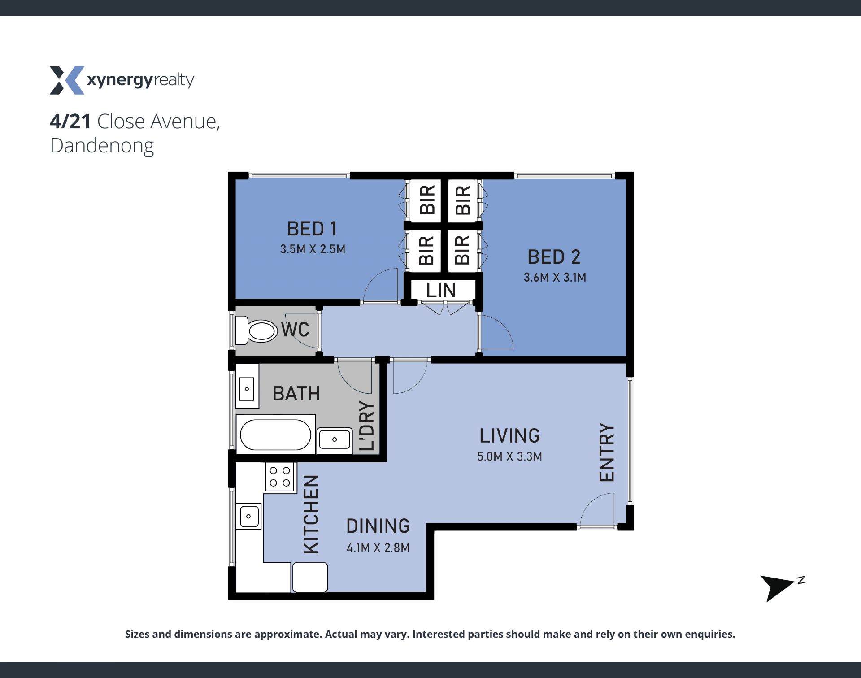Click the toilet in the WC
(256, 331)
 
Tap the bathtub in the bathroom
(276, 435)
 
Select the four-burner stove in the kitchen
(281, 477)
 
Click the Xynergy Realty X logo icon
(67, 80)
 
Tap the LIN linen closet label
(441, 291)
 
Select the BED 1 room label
(312, 229)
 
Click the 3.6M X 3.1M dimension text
(555, 277)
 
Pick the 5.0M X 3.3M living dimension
(509, 456)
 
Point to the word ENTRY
(606, 452)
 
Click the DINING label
(378, 526)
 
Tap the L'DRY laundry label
(366, 426)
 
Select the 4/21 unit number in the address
(70, 122)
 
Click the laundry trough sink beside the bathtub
(335, 439)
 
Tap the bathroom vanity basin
(247, 389)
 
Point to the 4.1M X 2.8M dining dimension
(378, 548)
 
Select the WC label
(295, 330)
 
